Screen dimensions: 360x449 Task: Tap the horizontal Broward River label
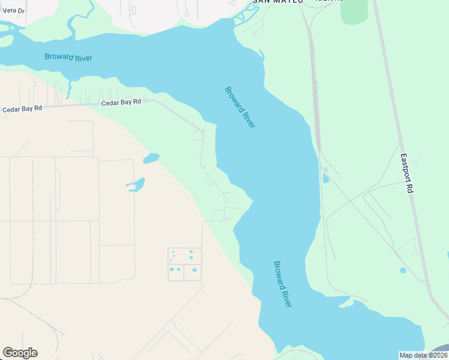click(68, 58)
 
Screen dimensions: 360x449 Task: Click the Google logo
click(20, 353)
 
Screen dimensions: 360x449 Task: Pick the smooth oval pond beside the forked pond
click(151, 158)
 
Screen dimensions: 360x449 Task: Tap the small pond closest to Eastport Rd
click(403, 270)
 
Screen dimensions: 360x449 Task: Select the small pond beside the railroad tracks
click(325, 178)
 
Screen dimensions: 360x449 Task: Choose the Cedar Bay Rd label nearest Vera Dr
click(22, 109)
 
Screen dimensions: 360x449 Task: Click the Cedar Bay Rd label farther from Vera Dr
click(121, 102)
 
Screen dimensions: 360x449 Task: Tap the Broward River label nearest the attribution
click(282, 284)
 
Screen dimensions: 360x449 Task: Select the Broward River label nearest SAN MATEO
click(240, 107)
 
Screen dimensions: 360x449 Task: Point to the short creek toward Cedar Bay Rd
click(68, 91)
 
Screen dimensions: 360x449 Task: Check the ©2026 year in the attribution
click(437, 355)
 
